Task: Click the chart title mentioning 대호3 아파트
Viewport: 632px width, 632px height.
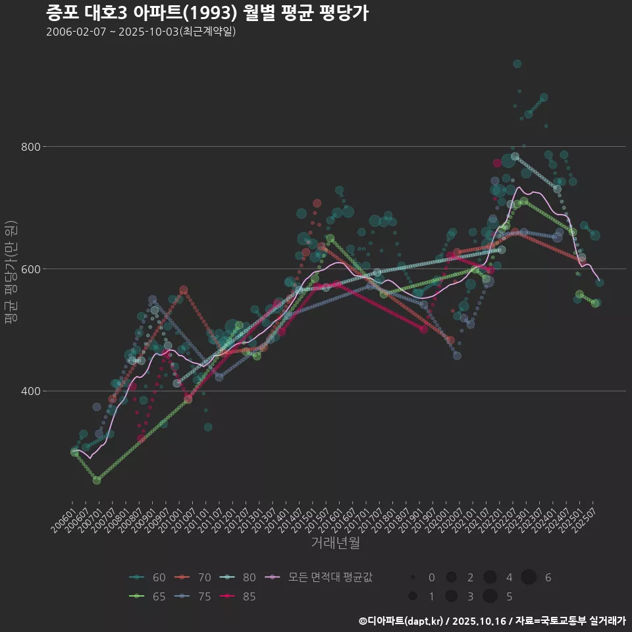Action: [x=206, y=12]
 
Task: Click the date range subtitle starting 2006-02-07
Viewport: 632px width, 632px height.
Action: [x=141, y=32]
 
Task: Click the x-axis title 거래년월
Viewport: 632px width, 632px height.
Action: [x=335, y=543]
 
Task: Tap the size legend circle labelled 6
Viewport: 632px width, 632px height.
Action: [x=529, y=577]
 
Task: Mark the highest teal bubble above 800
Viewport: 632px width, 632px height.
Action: [x=517, y=64]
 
